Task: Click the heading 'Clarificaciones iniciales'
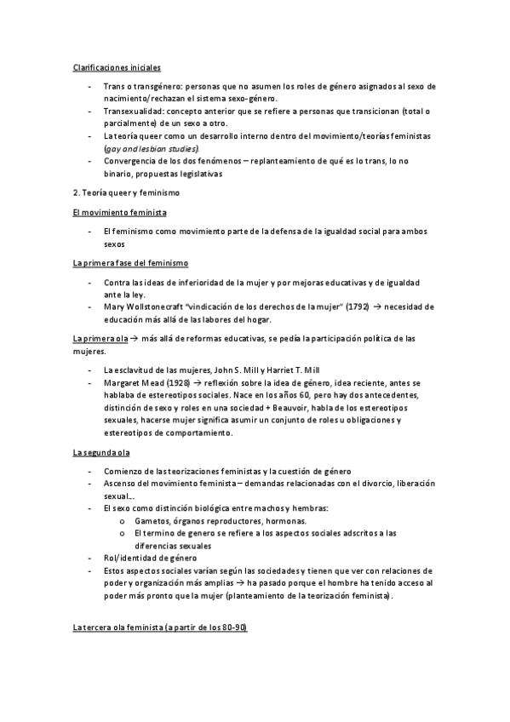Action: (x=115, y=66)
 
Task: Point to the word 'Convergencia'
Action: (x=131, y=161)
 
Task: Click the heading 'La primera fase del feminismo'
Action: (x=129, y=263)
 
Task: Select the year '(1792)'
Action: (x=346, y=307)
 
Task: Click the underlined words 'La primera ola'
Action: (x=99, y=338)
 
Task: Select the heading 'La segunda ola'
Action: (x=100, y=452)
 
